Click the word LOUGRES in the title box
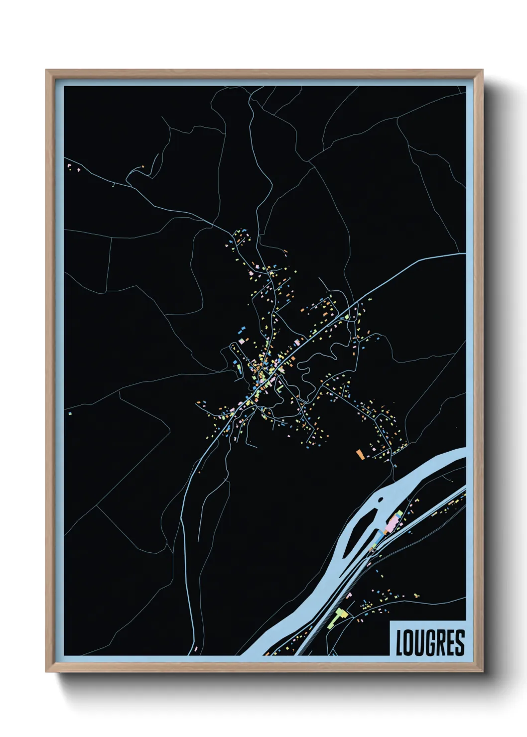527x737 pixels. click(430, 642)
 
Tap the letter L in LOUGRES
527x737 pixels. click(399, 643)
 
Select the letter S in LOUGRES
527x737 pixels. click(460, 643)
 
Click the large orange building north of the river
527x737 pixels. click(360, 454)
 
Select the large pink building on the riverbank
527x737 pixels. click(393, 523)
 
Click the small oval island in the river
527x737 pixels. click(380, 499)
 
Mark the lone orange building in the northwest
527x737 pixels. click(142, 166)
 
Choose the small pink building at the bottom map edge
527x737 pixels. click(196, 648)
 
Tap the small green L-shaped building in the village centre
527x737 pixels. click(280, 386)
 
